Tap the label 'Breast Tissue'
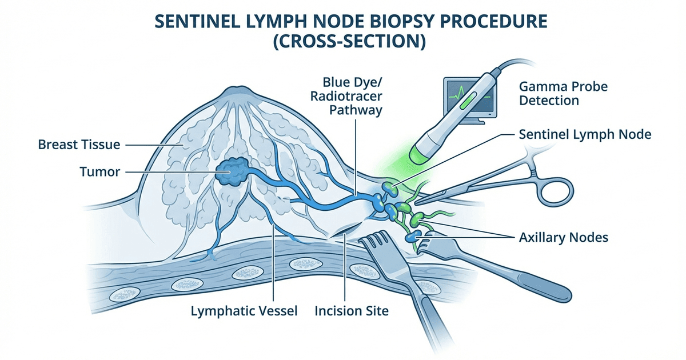coord(79,145)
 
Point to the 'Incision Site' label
coord(352,312)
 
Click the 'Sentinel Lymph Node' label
coord(585,135)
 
